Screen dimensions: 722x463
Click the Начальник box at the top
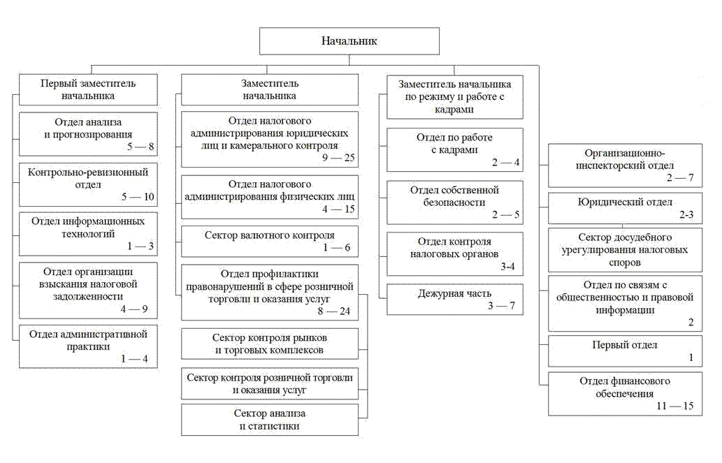pyautogui.click(x=349, y=41)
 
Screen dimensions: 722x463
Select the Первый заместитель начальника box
pyautogui.click(x=88, y=89)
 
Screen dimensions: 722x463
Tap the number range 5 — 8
pyautogui.click(x=140, y=147)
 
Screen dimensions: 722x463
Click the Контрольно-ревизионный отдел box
pyautogui.click(x=88, y=184)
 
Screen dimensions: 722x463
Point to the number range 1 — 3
pyautogui.click(x=140, y=247)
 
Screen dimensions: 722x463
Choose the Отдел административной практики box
pyautogui.click(x=88, y=346)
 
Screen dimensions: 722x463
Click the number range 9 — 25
pyautogui.click(x=338, y=158)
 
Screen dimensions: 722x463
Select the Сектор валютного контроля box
pyautogui.click(x=269, y=241)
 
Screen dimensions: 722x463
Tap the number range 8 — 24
pyautogui.click(x=334, y=311)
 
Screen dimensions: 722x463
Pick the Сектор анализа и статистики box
pyautogui.click(x=269, y=420)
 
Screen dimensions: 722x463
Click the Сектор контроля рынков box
pyautogui.click(x=269, y=344)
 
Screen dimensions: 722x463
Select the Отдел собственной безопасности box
pyautogui.click(x=454, y=203)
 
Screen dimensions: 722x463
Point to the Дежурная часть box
pyautogui.click(x=454, y=300)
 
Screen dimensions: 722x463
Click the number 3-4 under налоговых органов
pyautogui.click(x=507, y=267)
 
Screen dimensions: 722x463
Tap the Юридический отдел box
pyautogui.click(x=625, y=209)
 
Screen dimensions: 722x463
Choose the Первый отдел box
pyautogui.click(x=625, y=351)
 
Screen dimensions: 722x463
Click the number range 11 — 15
pyautogui.click(x=675, y=406)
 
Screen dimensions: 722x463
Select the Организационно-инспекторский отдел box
pyautogui.click(x=625, y=166)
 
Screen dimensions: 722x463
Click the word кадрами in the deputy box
pyautogui.click(x=454, y=110)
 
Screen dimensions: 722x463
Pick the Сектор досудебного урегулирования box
pyautogui.click(x=625, y=250)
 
